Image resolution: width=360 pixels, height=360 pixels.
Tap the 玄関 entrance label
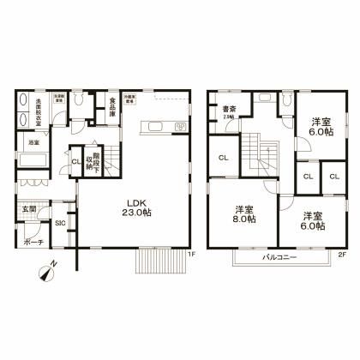pyautogui.click(x=28, y=208)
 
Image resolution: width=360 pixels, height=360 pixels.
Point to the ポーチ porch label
pyautogui.click(x=32, y=242)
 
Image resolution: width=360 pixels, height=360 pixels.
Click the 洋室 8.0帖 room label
pyautogui.click(x=243, y=213)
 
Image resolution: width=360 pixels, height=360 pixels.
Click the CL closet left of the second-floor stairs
pyautogui.click(x=222, y=158)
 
